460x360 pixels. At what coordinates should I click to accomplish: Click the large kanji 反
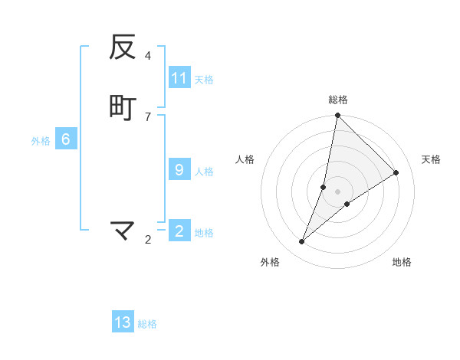(123, 47)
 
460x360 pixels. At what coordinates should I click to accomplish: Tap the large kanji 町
(123, 108)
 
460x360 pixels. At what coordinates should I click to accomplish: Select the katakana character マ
(123, 230)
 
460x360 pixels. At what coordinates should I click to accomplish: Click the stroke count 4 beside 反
(147, 56)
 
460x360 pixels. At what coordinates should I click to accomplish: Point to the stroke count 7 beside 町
(147, 116)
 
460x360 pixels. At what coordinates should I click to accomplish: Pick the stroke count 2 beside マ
(147, 240)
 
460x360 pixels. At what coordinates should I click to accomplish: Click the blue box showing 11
(179, 78)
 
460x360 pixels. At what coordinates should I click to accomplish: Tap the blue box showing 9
(179, 170)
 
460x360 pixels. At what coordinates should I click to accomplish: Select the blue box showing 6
(66, 139)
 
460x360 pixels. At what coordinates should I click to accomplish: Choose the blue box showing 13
(123, 322)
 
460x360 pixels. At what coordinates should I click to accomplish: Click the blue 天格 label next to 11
(204, 79)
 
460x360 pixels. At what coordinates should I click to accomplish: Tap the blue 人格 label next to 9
(204, 171)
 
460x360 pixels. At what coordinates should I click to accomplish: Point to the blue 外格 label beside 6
(41, 140)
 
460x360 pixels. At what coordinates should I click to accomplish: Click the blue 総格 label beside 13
(147, 323)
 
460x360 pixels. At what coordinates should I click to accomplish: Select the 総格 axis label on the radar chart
(338, 100)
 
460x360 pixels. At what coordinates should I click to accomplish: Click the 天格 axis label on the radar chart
(431, 159)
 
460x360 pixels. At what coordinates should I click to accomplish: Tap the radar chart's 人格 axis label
(245, 159)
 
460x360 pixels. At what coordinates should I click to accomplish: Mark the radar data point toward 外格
(302, 242)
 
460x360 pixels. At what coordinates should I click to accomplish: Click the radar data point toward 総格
(337, 116)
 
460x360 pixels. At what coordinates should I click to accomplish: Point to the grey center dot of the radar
(338, 191)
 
